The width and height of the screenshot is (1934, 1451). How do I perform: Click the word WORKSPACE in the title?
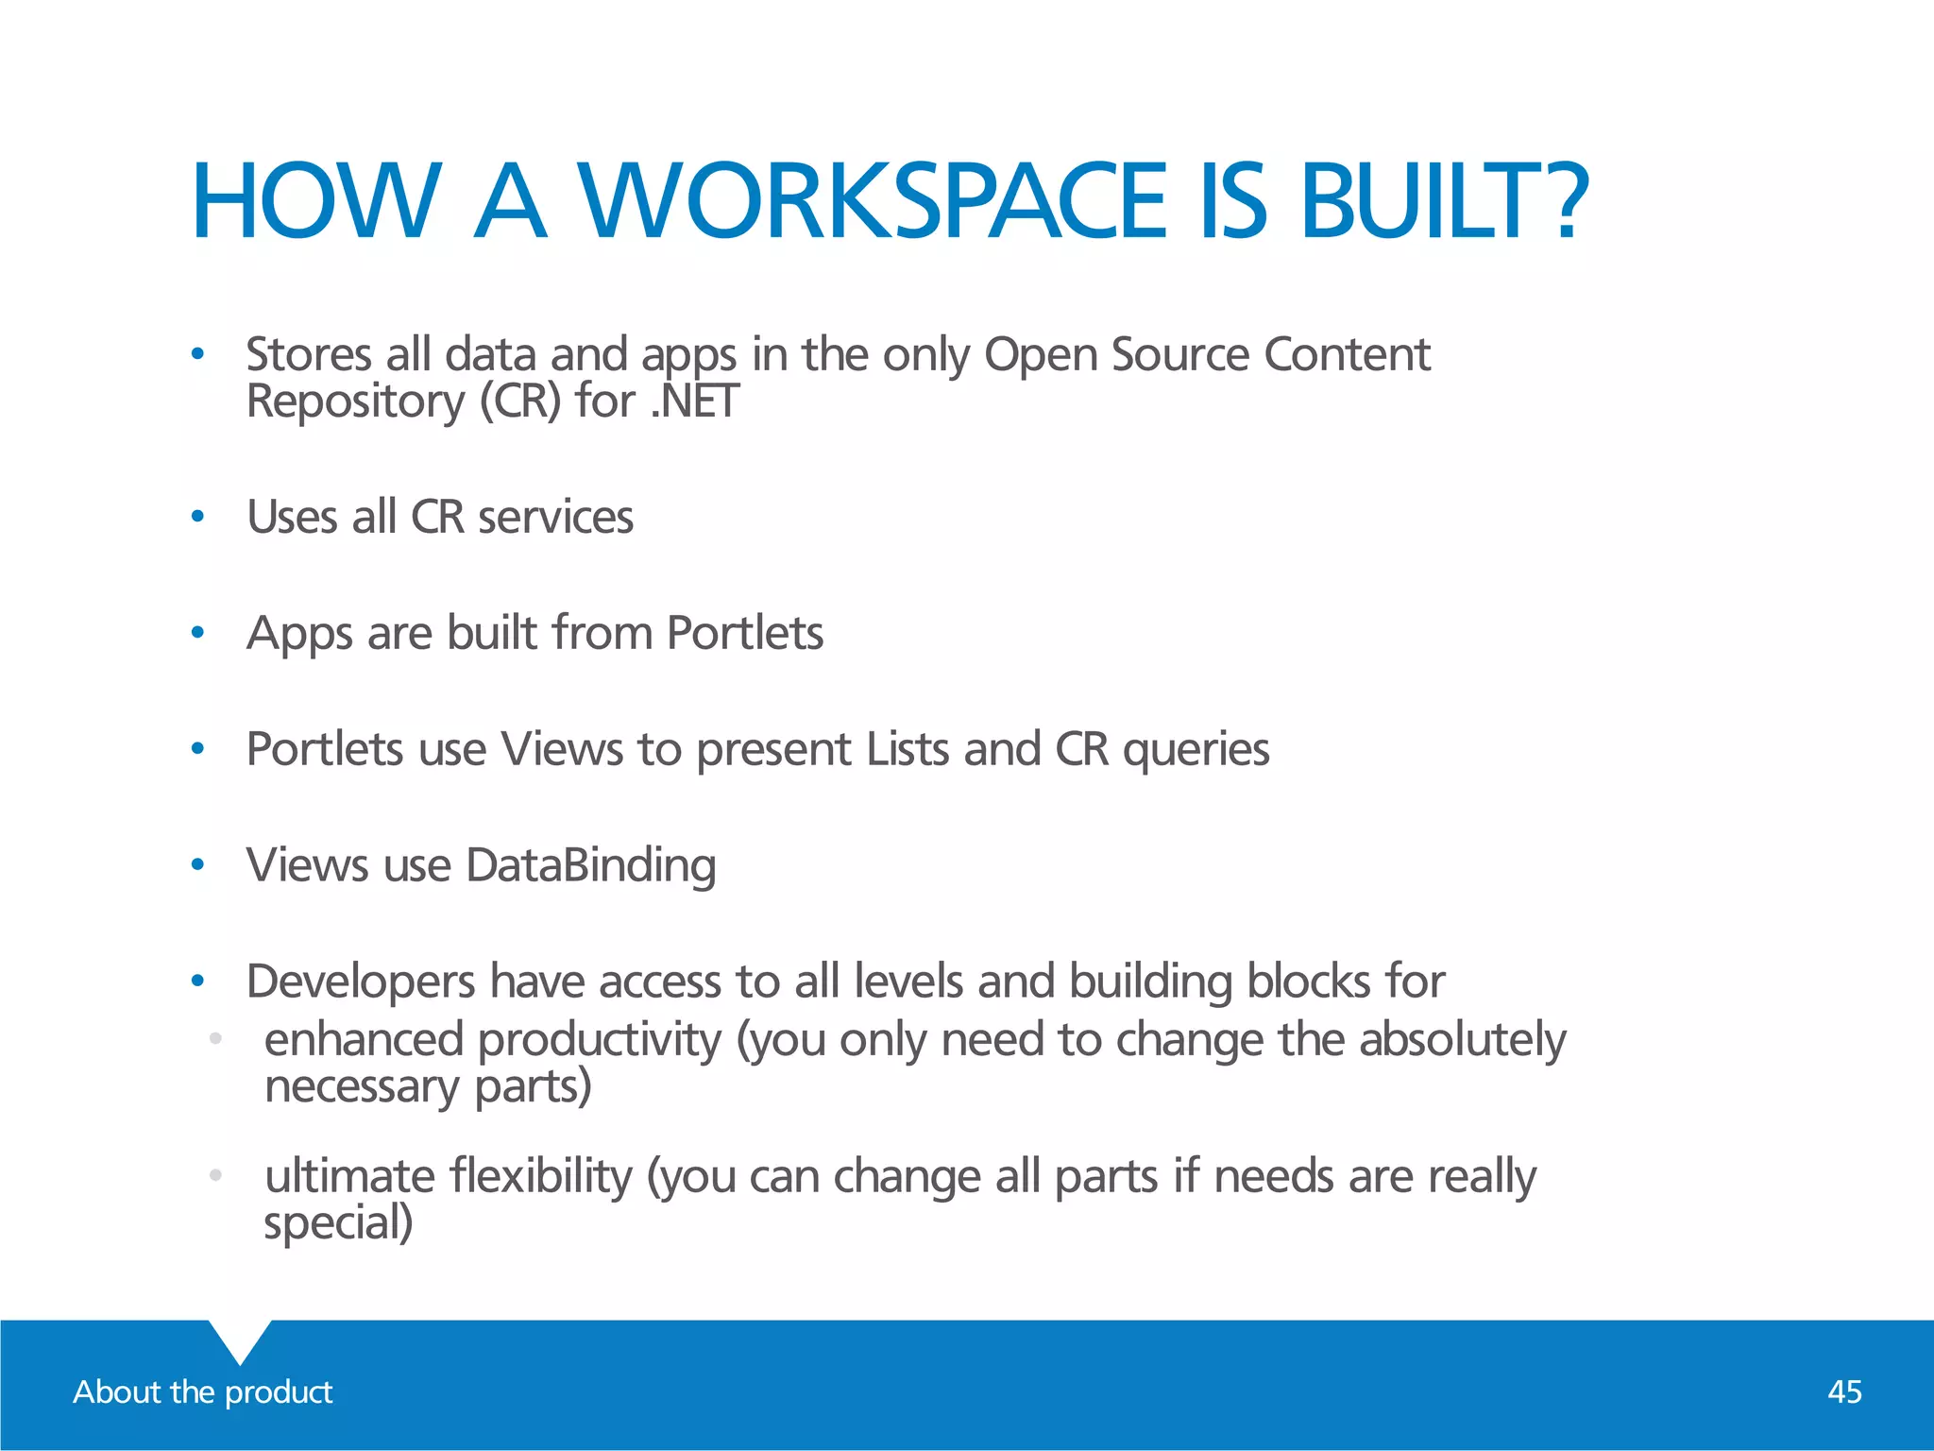point(874,201)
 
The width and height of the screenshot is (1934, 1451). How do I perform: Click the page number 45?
point(1844,1391)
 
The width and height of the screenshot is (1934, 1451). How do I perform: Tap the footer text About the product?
point(203,1391)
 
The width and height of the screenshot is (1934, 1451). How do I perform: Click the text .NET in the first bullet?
point(694,401)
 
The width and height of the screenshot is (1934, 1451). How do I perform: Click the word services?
point(555,517)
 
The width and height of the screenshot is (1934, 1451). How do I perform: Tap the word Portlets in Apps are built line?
point(744,633)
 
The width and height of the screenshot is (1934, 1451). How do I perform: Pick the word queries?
point(1196,750)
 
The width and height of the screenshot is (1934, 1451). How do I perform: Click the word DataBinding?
point(591,865)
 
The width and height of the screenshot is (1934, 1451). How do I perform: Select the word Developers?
point(361,982)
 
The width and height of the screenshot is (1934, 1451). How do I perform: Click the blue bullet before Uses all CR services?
point(197,517)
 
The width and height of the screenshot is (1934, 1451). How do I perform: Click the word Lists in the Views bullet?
point(908,749)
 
